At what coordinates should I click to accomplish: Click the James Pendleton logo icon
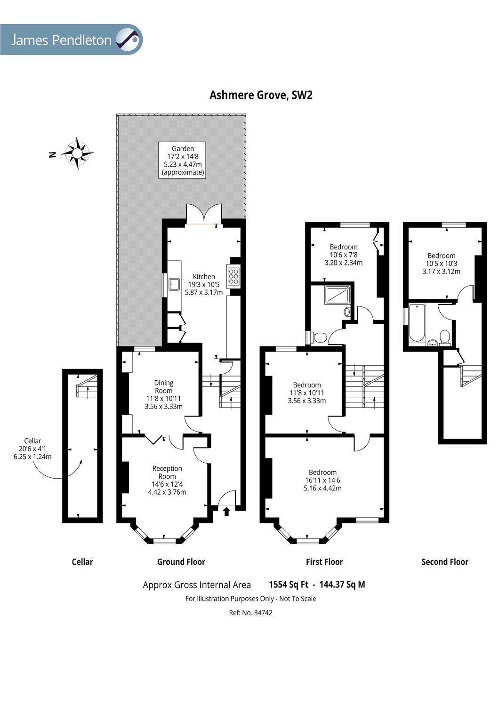[x=128, y=40]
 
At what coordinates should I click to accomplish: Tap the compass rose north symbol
[x=77, y=153]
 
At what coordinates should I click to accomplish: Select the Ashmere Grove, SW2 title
[x=261, y=95]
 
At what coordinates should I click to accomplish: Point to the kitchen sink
[x=174, y=284]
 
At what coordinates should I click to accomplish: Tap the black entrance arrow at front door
[x=226, y=513]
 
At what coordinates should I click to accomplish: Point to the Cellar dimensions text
[x=32, y=449]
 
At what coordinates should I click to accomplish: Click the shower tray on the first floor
[x=337, y=295]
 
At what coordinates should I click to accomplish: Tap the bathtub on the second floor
[x=417, y=323]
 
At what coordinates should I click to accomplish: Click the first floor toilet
[x=318, y=337]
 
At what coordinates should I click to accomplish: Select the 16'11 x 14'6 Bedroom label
[x=322, y=480]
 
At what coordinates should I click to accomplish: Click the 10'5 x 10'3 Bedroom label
[x=441, y=264]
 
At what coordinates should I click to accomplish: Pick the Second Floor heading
[x=445, y=562]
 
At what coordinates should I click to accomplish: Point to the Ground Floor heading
[x=181, y=562]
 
